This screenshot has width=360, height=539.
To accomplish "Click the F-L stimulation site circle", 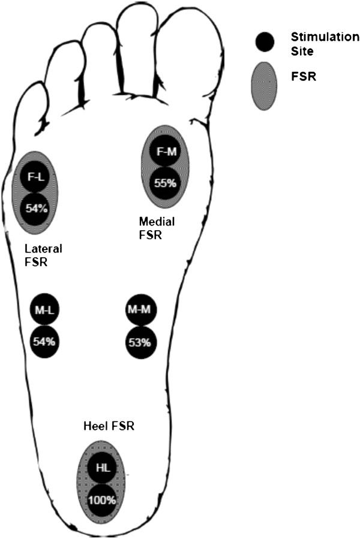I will pos(34,177).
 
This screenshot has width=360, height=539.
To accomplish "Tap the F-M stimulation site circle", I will pos(165,152).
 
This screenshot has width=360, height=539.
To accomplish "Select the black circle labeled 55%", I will pos(165,183).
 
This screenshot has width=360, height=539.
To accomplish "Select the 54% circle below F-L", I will pos(34,209).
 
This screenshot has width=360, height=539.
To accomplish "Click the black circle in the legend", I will pos(265,41).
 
